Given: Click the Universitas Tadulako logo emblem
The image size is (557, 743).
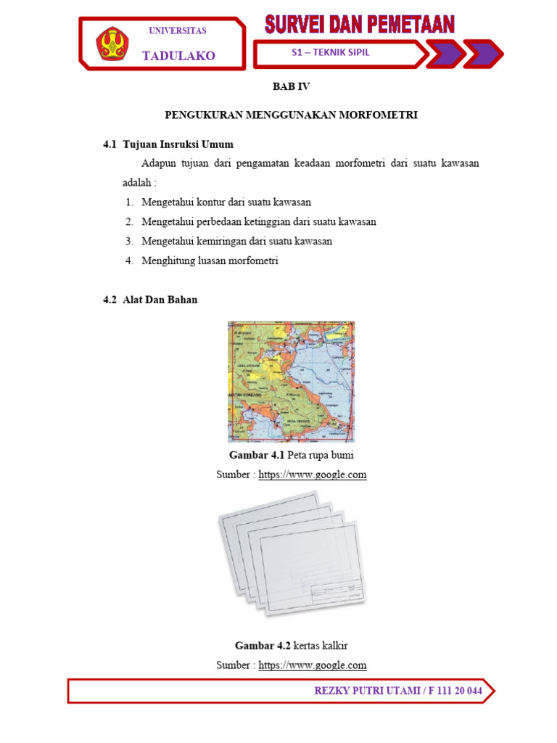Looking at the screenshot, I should click(110, 44).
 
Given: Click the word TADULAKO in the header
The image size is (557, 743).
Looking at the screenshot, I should click(178, 56).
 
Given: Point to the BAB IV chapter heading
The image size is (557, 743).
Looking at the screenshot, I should click(291, 86).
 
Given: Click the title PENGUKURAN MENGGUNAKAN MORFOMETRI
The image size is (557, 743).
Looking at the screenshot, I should click(291, 115).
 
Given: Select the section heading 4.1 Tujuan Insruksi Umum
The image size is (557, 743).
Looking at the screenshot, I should click(168, 144).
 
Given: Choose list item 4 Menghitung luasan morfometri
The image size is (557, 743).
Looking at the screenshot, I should click(210, 260).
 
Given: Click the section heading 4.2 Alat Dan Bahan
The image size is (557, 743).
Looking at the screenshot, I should click(150, 300).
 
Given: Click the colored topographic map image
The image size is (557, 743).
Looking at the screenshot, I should click(291, 382).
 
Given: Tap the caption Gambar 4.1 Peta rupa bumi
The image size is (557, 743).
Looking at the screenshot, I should click(291, 455).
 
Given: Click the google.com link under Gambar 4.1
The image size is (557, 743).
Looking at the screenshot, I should click(312, 475).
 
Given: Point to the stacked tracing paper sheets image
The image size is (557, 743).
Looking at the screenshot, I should click(291, 554).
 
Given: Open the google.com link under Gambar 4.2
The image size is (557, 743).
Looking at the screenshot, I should click(312, 665).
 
